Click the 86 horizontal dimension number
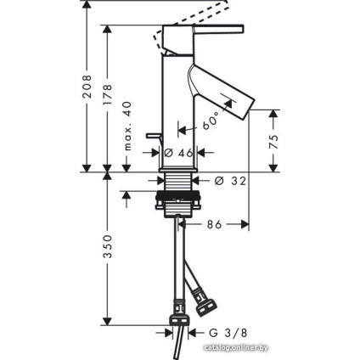[215, 226]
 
